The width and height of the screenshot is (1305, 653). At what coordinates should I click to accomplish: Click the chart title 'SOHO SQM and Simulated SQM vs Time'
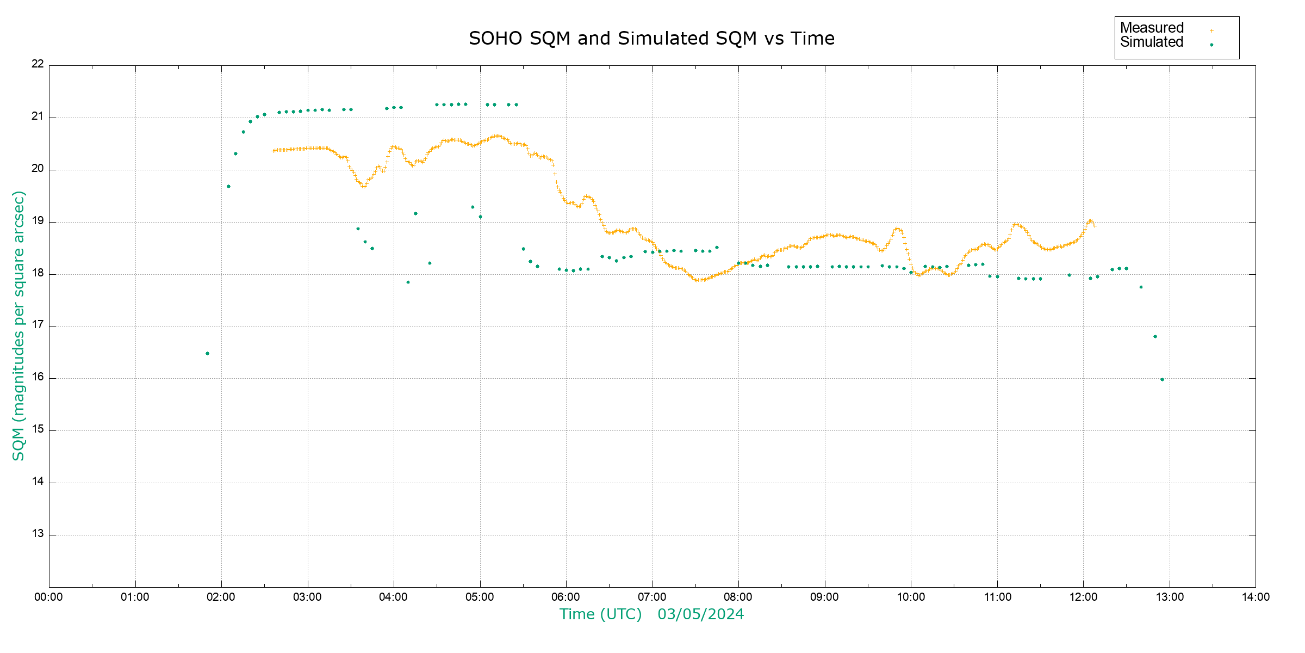[651, 39]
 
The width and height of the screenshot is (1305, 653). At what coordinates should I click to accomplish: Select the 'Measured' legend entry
[1152, 28]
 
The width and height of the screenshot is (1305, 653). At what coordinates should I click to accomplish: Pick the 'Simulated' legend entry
[1152, 42]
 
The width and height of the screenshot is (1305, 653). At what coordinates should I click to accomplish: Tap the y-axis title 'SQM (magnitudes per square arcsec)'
[18, 325]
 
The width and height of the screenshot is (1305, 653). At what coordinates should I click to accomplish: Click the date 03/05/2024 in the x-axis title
[700, 614]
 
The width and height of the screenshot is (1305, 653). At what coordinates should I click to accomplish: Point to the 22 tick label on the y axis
[38, 64]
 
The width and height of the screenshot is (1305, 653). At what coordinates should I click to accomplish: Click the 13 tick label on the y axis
[38, 534]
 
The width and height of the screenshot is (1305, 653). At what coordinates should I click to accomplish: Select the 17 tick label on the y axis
[38, 325]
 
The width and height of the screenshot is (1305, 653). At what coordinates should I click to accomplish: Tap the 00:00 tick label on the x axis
[48, 597]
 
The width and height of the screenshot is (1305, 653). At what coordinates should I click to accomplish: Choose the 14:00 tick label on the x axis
[1256, 597]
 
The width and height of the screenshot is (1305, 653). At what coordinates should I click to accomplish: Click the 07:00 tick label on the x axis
[652, 597]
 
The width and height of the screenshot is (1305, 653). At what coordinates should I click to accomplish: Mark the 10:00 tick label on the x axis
[911, 597]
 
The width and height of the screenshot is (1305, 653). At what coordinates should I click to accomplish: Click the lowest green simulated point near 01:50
[207, 354]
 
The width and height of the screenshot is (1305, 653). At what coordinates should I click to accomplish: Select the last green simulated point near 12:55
[1162, 380]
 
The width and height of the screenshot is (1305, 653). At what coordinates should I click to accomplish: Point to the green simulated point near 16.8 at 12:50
[1155, 337]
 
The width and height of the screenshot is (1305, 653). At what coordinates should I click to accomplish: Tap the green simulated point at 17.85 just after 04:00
[408, 282]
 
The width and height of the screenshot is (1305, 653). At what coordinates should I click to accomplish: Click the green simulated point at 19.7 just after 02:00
[228, 187]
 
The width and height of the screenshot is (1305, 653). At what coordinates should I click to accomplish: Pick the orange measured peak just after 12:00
[1090, 221]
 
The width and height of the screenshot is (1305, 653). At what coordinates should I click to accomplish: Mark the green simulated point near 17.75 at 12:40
[1141, 287]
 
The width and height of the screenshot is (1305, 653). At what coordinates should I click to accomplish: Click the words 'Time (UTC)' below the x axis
[600, 614]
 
